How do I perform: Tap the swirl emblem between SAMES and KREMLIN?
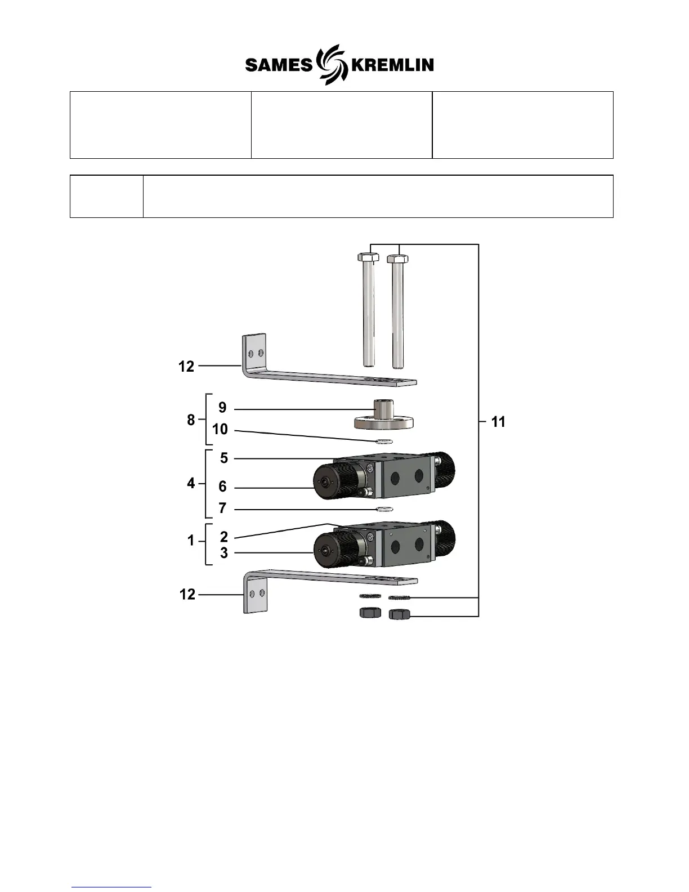[x=331, y=64]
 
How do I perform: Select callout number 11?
[x=498, y=422]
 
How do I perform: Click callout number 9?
[x=222, y=408]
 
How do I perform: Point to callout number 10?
[x=220, y=430]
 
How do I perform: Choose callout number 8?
[x=191, y=420]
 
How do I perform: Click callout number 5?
[x=224, y=458]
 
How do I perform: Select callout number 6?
[x=222, y=487]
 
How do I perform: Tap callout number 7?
[x=222, y=509]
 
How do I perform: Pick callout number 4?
[x=191, y=483]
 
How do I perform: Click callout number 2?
[x=224, y=537]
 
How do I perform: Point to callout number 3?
[x=224, y=553]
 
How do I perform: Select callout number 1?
[x=191, y=541]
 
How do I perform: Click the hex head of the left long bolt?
[x=368, y=258]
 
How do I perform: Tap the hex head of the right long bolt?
[x=399, y=259]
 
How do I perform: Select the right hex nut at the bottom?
[x=399, y=613]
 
